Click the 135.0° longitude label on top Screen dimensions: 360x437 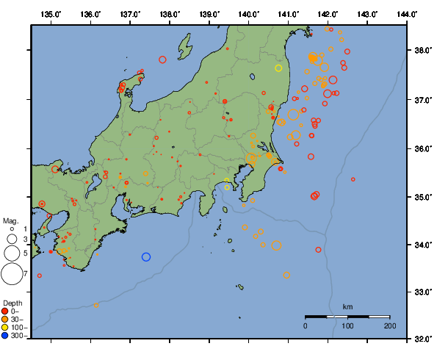(x=51, y=14)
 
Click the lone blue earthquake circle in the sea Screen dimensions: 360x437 (x=146, y=257)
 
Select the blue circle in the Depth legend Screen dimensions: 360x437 (x=7, y=335)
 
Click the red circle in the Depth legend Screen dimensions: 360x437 (x=7, y=311)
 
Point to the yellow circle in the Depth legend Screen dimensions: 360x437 (x=7, y=327)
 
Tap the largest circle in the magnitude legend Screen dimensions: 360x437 (x=11, y=274)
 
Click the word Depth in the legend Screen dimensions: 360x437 (x=12, y=303)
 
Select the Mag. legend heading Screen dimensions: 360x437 (x=10, y=220)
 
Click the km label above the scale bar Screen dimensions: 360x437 (x=347, y=306)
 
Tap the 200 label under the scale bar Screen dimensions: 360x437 (x=389, y=325)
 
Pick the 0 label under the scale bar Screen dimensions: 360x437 (x=306, y=325)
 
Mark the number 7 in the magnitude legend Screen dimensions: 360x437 (x=26, y=274)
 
